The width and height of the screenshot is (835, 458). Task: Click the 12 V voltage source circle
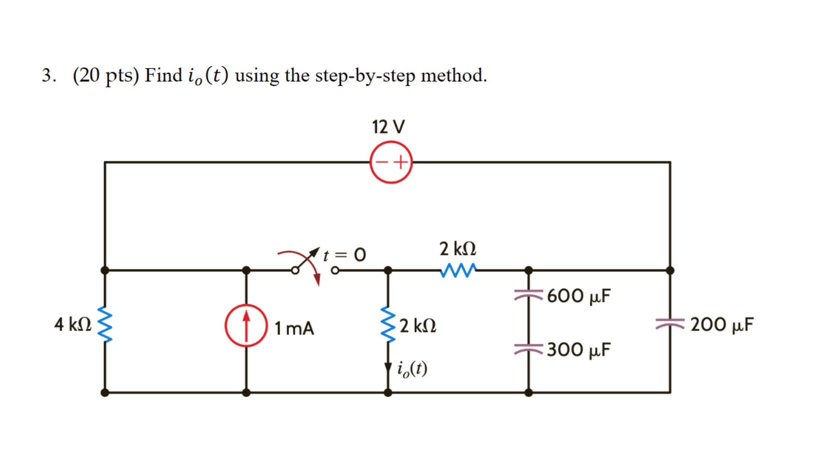(x=391, y=162)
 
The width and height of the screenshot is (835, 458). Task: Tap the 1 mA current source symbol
(x=246, y=326)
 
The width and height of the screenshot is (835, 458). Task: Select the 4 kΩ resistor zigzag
(x=105, y=324)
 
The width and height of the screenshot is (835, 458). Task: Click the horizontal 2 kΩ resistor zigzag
(x=458, y=270)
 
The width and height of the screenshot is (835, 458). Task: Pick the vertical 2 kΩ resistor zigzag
(x=388, y=324)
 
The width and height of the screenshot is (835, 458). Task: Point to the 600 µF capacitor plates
(x=528, y=295)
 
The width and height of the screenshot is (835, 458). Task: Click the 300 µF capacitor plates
(x=528, y=349)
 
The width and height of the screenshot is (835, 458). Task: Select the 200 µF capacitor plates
(x=670, y=323)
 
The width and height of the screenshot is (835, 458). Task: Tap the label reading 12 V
(x=388, y=127)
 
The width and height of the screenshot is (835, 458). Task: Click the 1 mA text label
(x=294, y=328)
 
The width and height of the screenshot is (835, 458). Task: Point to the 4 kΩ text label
(x=73, y=324)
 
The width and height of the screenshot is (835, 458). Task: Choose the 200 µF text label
(x=722, y=324)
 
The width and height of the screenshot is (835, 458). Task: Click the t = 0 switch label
(x=345, y=255)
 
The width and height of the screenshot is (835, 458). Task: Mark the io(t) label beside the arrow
(x=412, y=369)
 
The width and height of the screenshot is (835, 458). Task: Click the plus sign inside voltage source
(x=400, y=162)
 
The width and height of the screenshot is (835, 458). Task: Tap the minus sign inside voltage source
(x=382, y=162)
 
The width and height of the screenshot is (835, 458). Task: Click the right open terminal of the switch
(x=335, y=271)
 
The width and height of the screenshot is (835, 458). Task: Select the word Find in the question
(x=163, y=75)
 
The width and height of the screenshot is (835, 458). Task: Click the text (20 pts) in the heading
(x=106, y=75)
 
